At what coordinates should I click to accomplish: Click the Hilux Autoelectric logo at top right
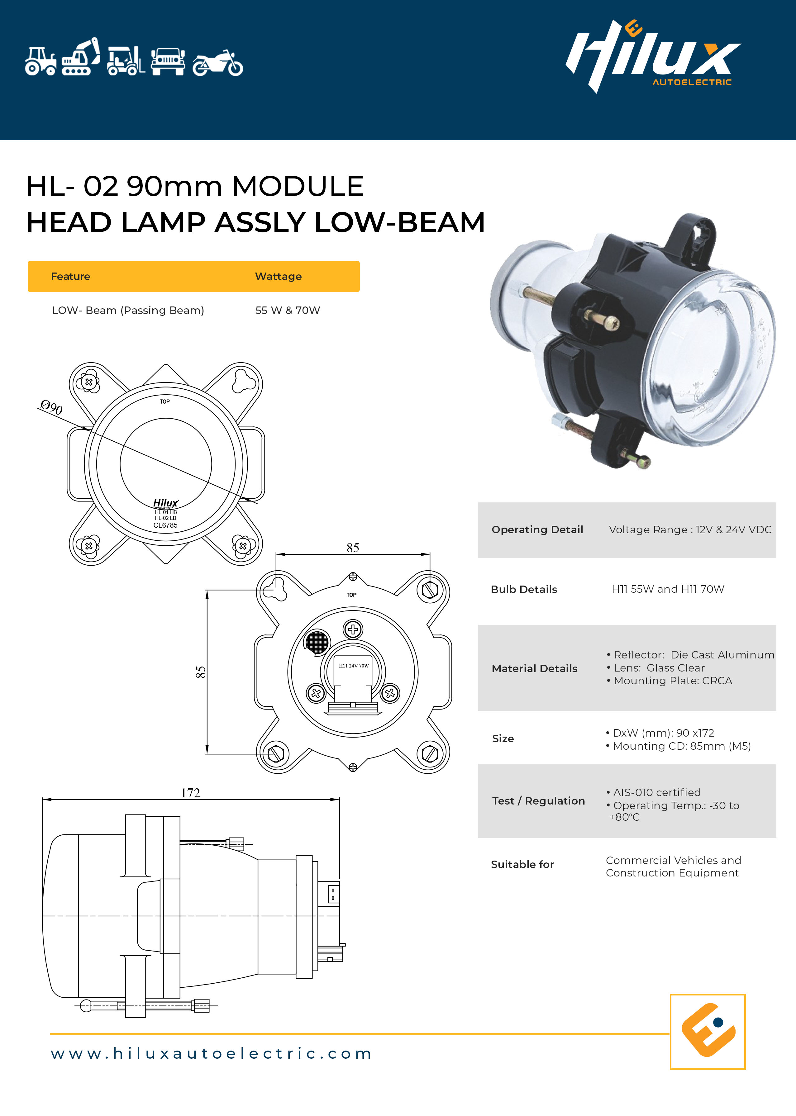(653, 56)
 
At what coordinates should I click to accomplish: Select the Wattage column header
(279, 276)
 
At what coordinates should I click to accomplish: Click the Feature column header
(71, 276)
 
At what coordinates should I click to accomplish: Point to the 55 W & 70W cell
(288, 310)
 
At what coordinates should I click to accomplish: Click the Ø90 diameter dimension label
(51, 407)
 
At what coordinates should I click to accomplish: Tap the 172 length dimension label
(191, 793)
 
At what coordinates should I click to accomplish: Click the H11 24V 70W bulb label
(354, 666)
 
